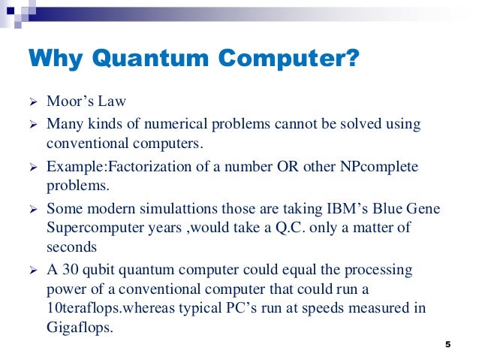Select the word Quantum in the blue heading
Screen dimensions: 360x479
[133, 59]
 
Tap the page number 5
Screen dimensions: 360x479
[447, 344]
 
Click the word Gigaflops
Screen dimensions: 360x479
[79, 327]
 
